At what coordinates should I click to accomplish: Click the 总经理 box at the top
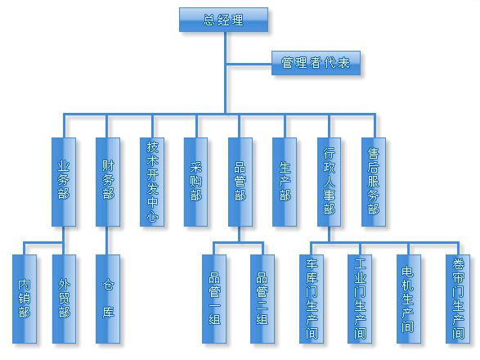(223, 20)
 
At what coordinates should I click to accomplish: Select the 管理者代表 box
(316, 63)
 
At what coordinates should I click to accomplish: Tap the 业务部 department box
(64, 182)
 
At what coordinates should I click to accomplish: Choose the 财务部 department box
(108, 182)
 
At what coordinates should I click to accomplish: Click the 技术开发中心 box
(152, 182)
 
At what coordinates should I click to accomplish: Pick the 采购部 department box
(196, 182)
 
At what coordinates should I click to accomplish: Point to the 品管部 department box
(240, 182)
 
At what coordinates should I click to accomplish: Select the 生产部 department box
(285, 182)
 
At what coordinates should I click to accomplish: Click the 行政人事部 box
(329, 182)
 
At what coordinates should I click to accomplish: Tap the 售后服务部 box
(374, 182)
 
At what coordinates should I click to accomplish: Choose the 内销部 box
(25, 299)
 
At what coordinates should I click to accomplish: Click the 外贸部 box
(64, 299)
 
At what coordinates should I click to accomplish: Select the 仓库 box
(108, 299)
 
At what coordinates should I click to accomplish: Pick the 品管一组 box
(214, 299)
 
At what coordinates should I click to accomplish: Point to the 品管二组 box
(262, 299)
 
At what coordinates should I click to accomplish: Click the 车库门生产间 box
(312, 299)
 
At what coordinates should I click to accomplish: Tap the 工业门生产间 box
(360, 299)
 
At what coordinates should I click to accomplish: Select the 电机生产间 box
(409, 299)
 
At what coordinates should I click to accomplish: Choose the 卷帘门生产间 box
(458, 299)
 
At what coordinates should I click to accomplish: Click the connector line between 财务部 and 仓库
(107, 241)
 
